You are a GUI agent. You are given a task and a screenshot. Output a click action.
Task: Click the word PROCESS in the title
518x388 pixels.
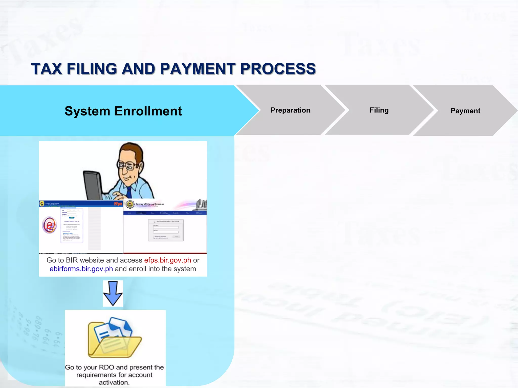click(x=278, y=69)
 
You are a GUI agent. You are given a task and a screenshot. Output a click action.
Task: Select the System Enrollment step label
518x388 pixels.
click(x=123, y=111)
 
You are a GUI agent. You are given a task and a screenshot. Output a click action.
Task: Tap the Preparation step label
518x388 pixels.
click(x=290, y=110)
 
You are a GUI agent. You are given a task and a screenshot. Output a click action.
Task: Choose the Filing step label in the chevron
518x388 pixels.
click(x=379, y=110)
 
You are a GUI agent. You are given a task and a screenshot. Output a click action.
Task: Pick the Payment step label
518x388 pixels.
click(x=465, y=111)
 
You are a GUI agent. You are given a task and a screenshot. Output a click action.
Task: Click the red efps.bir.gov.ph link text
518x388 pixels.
click(x=167, y=260)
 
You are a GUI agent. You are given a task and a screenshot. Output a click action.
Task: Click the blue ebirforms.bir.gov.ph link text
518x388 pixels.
click(x=81, y=269)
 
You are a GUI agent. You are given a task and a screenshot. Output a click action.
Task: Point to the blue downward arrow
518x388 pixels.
click(x=113, y=293)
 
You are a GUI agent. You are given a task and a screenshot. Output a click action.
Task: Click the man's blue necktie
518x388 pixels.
click(x=129, y=192)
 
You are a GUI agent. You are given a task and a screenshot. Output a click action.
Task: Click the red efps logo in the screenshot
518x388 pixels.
click(x=118, y=204)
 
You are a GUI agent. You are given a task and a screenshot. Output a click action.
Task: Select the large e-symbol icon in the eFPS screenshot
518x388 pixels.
click(x=49, y=225)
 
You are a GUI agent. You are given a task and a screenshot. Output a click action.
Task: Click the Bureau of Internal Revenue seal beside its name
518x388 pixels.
click(x=130, y=204)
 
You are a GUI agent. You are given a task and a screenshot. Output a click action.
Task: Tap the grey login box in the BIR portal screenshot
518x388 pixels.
click(x=166, y=230)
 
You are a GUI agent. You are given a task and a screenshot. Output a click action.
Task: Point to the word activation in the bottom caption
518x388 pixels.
click(x=114, y=382)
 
